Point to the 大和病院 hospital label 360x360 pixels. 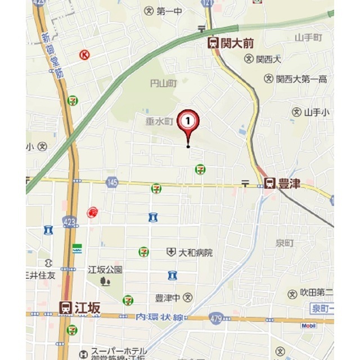195,253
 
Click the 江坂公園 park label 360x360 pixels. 105,269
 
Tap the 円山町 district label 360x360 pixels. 163,83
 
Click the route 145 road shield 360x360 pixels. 111,182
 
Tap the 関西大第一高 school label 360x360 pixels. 301,79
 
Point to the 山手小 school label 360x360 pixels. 316,112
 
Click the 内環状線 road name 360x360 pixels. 159,318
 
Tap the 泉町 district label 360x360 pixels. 285,243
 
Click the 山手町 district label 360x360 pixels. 308,38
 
